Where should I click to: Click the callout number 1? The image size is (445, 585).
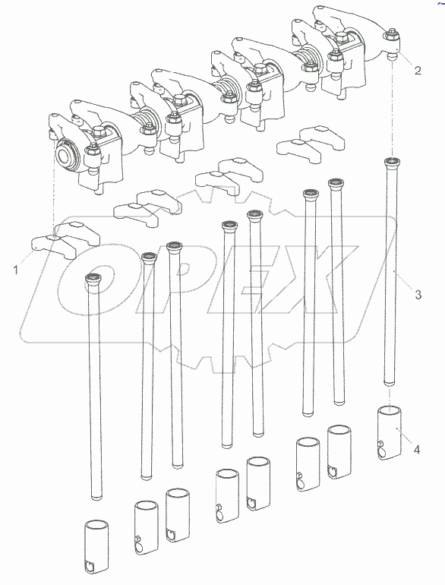click(x=16, y=270)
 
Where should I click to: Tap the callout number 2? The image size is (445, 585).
click(x=418, y=70)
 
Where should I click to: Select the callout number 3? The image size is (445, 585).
click(x=418, y=294)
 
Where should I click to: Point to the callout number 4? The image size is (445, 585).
click(x=417, y=450)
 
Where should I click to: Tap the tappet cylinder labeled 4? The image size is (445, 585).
click(x=390, y=433)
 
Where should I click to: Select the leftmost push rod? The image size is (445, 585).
click(x=94, y=386)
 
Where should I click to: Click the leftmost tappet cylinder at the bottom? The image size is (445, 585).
click(x=96, y=547)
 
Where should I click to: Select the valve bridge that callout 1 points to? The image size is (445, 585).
click(x=65, y=241)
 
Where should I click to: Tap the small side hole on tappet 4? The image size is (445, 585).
click(x=380, y=443)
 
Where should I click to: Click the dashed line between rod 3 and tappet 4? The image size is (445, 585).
click(x=389, y=397)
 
